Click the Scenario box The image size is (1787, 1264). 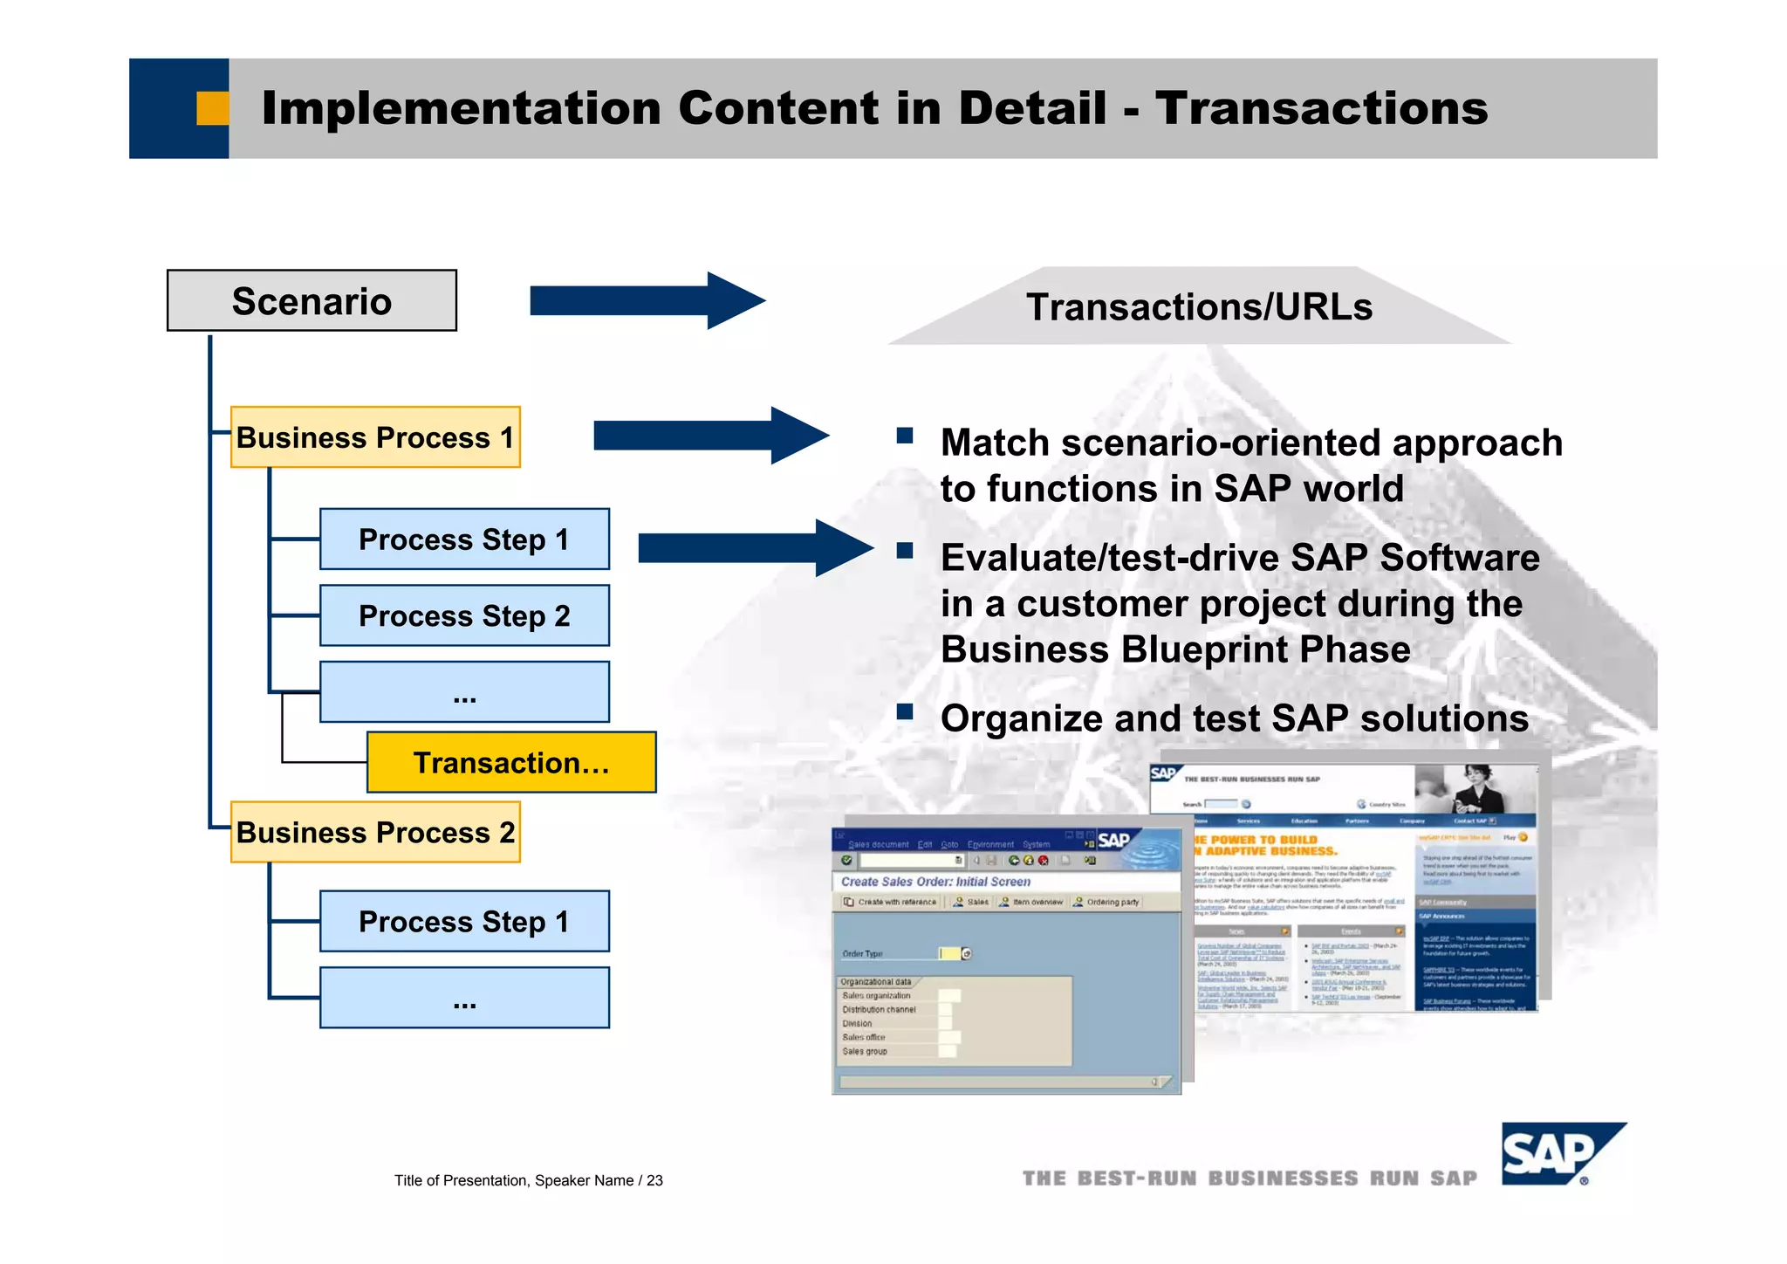pos(312,300)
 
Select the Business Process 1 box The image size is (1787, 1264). pos(375,437)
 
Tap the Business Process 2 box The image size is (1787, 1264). pos(375,832)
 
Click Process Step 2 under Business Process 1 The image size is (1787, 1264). pos(464,615)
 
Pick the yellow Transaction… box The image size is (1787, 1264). pos(511,762)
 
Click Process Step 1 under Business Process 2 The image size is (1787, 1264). pos(464,921)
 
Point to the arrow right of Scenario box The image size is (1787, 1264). pos(646,301)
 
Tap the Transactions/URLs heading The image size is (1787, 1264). pos(1199,307)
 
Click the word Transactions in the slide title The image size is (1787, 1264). pos(1321,108)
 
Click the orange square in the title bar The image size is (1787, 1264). pos(212,108)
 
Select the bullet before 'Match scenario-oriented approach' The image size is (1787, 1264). pos(905,435)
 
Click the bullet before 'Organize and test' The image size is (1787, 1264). pos(905,711)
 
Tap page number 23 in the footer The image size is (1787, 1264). pos(654,1181)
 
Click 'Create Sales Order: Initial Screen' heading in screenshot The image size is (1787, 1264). pos(935,882)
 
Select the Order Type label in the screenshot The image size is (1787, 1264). pos(862,953)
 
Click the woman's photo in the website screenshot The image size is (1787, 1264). pos(1475,787)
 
